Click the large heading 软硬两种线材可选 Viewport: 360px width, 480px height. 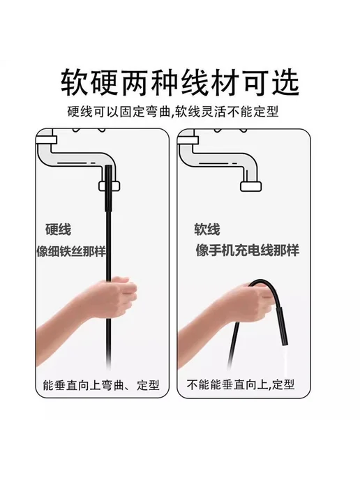[x=180, y=83]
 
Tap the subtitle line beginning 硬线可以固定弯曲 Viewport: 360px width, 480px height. [x=173, y=112]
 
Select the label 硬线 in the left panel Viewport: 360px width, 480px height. [x=58, y=230]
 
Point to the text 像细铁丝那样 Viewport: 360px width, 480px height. [x=71, y=251]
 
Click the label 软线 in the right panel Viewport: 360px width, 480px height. [x=207, y=230]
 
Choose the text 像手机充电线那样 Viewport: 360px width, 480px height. [x=248, y=250]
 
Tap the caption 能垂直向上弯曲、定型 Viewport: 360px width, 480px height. [x=101, y=385]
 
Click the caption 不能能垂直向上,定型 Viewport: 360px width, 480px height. [x=241, y=384]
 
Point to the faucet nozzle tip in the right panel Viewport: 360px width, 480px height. [x=250, y=186]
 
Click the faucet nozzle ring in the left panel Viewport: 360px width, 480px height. [x=109, y=186]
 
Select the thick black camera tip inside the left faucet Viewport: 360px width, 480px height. [x=108, y=188]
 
